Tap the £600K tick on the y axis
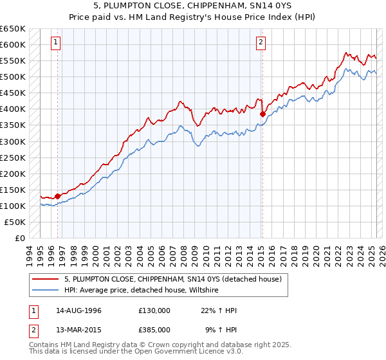point(13,45)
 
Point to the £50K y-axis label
point(15,222)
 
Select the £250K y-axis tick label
point(13,157)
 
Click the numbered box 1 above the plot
point(57,43)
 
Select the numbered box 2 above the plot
point(261,43)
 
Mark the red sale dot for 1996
point(57,196)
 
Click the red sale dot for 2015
point(262,114)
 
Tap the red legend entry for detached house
point(172,279)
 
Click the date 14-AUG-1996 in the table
point(79,310)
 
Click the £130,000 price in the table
point(154,310)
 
